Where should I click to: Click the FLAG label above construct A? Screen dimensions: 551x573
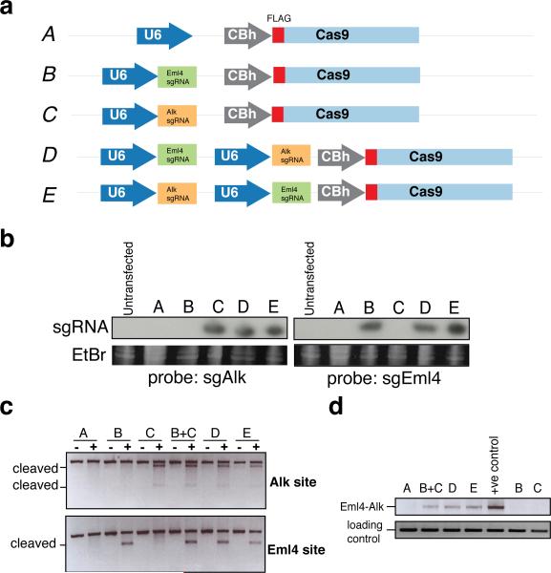point(279,18)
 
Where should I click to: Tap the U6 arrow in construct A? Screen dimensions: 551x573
point(164,35)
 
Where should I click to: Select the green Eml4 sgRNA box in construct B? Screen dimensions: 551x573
point(178,77)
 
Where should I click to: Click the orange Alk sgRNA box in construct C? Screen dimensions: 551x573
point(178,116)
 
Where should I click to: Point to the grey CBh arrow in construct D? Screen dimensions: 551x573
point(341,157)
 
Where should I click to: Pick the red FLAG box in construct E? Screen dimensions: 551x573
point(371,192)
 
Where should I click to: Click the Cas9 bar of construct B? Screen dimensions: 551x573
point(352,74)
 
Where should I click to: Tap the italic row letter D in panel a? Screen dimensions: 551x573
point(50,155)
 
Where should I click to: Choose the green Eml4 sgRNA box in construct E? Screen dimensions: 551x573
point(291,193)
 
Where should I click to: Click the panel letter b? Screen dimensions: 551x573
point(8,239)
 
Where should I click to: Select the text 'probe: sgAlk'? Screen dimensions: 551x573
point(197,378)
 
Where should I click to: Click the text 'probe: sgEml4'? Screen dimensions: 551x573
point(384,378)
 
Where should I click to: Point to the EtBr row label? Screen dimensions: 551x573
point(89,355)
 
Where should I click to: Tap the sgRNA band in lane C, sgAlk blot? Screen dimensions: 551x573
point(215,329)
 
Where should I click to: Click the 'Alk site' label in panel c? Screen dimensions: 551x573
point(293,482)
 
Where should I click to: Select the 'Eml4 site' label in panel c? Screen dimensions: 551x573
point(296,550)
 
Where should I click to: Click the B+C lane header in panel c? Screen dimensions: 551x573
point(183,433)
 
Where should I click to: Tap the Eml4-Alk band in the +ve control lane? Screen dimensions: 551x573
point(496,507)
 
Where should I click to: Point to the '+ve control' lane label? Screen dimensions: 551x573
point(495,465)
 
